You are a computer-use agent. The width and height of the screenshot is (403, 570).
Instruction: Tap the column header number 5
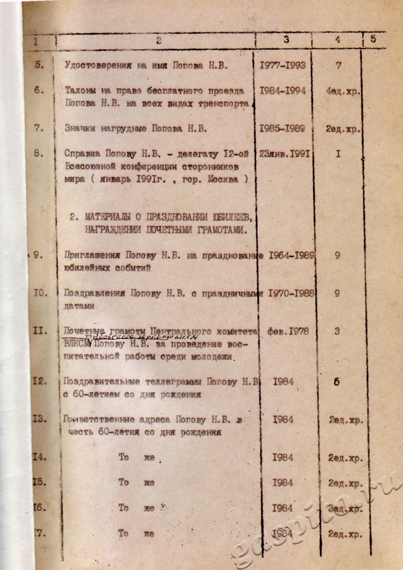pyautogui.click(x=373, y=39)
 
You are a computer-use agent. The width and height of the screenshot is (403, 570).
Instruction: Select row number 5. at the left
pyautogui.click(x=39, y=65)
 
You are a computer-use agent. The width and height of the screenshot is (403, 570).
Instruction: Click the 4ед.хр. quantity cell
pyautogui.click(x=344, y=91)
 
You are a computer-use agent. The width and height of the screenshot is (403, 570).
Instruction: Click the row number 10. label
pyautogui.click(x=40, y=293)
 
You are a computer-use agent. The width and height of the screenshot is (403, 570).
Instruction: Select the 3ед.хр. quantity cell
pyautogui.click(x=345, y=508)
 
